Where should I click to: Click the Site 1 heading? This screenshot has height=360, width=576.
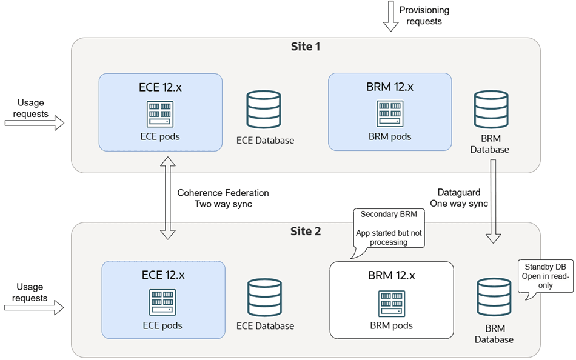[x=305, y=47]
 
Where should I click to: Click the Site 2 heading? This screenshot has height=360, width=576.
[x=305, y=232]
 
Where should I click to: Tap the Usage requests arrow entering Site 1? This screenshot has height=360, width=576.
[x=34, y=123]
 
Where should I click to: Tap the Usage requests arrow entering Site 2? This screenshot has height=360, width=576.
[x=34, y=308]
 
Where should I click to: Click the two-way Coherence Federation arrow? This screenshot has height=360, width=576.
[x=167, y=198]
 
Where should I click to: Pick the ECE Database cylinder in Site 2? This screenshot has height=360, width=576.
[x=265, y=296]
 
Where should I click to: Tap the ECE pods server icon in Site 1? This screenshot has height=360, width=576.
[x=160, y=113]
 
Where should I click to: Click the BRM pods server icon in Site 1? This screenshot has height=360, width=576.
[x=390, y=113]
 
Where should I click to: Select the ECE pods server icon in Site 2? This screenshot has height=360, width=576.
[x=162, y=301]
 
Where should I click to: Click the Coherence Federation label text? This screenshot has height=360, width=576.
[x=223, y=193]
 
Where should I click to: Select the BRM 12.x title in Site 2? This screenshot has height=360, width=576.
[x=392, y=276]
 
